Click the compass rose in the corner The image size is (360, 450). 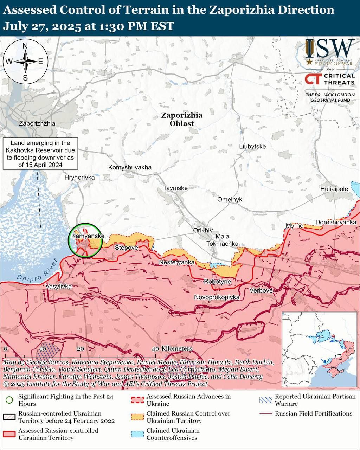pos(25,62)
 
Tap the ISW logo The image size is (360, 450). pos(329,53)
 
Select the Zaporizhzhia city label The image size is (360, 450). pos(37,123)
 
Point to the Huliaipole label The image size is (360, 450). pos(334,189)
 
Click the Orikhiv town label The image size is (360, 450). pos(203,230)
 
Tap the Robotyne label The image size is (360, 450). pos(218,282)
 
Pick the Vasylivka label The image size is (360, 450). pos(59,287)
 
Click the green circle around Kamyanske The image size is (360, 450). pos(85,240)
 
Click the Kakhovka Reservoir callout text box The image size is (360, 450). pos(40,154)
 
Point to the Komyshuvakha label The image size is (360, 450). pos(130,167)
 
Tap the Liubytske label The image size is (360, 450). pos(252,146)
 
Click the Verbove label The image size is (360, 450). pos(261,290)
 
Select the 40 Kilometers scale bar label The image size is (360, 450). pos(172,348)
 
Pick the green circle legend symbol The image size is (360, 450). pos(9,400)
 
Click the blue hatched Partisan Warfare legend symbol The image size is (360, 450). pos(266,400)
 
